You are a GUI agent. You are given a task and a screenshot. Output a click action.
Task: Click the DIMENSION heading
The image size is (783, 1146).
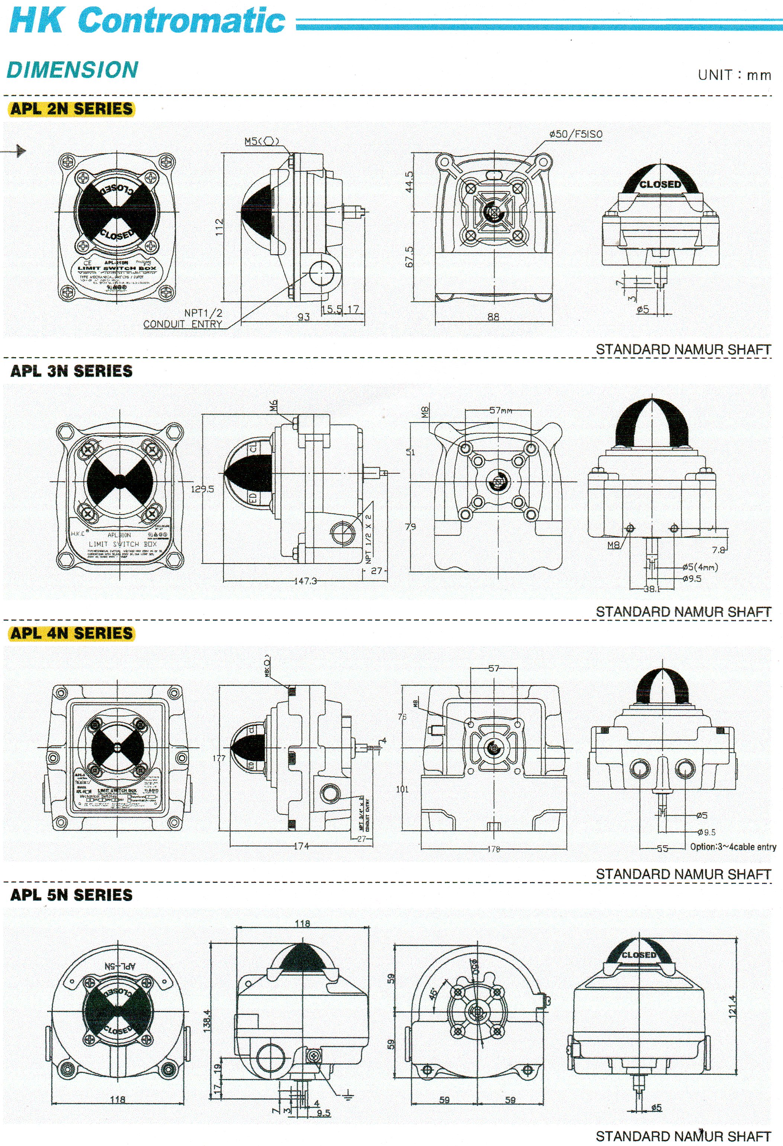[x=72, y=70]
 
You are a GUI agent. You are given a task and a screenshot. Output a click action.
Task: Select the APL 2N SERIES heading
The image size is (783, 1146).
[x=71, y=109]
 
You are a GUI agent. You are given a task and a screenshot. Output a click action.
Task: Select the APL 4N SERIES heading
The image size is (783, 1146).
[x=71, y=633]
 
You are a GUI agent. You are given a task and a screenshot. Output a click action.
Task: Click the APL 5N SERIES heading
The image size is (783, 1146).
[x=71, y=895]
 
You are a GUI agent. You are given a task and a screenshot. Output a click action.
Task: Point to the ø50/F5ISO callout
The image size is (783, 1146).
[x=575, y=134]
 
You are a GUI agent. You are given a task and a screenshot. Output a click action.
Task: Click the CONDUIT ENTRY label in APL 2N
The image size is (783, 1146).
[x=183, y=324]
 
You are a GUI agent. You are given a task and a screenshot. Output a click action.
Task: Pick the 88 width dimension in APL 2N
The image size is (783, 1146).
[x=493, y=317]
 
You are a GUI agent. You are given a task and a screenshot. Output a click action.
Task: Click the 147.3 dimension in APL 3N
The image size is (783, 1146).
[x=305, y=581]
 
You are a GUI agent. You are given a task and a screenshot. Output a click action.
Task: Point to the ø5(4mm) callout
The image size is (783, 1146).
[x=700, y=567]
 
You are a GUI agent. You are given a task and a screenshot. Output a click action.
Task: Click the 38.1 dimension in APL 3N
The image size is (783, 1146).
[x=652, y=588]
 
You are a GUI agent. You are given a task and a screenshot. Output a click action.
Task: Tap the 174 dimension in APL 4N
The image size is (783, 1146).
[x=301, y=846]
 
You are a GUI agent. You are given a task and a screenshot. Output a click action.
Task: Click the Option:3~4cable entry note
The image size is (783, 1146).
[x=733, y=847]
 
